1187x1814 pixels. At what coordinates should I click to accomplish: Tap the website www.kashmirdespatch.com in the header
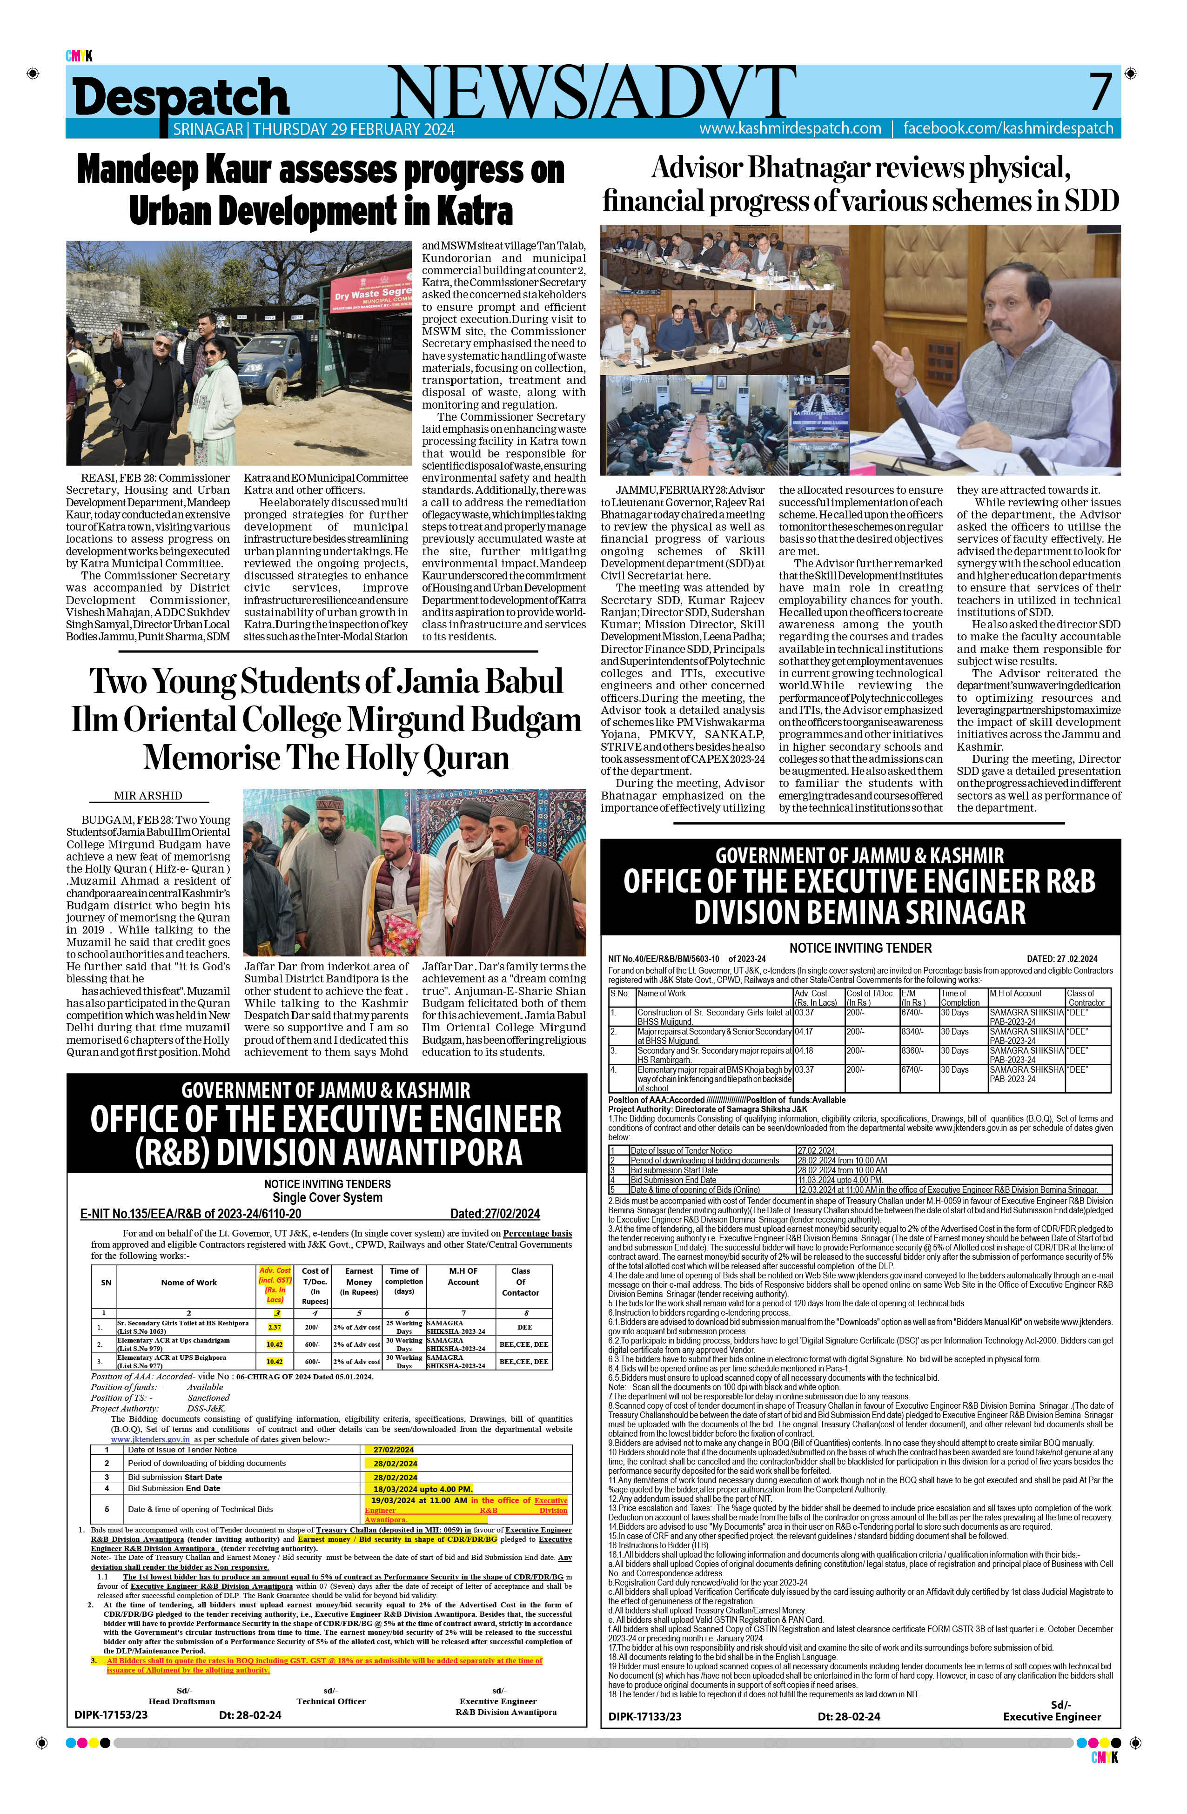[790, 128]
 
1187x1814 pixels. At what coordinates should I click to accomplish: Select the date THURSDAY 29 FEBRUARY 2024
[354, 129]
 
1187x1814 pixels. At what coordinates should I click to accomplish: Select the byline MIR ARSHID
[148, 795]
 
